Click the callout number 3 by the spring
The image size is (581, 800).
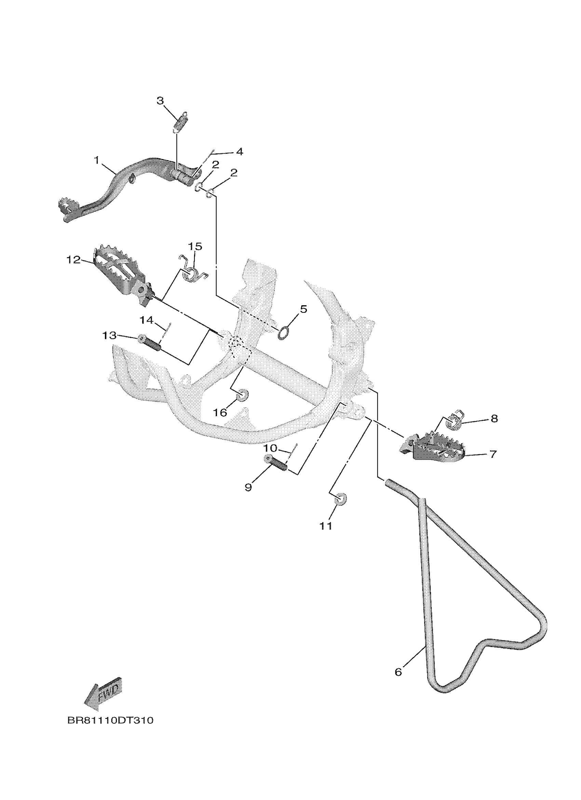click(160, 101)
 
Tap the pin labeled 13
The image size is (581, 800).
click(150, 342)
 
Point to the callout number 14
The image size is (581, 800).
click(146, 320)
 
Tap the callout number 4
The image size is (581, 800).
click(239, 152)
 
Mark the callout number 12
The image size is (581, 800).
click(73, 260)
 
